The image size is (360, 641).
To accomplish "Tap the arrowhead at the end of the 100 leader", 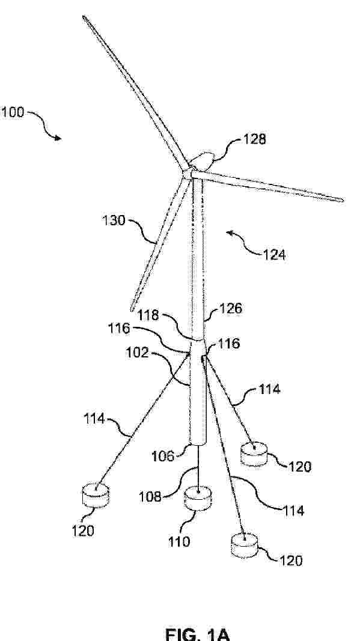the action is pyautogui.click(x=58, y=138).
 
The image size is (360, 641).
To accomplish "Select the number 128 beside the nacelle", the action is pyautogui.click(x=254, y=139).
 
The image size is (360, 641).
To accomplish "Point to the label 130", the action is pyautogui.click(x=114, y=220).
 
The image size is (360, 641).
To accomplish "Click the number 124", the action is pyautogui.click(x=273, y=255).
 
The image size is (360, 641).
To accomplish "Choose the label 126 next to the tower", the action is pyautogui.click(x=230, y=308).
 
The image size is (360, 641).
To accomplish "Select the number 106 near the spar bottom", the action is pyautogui.click(x=163, y=456).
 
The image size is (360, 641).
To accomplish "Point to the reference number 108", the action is pyautogui.click(x=151, y=497).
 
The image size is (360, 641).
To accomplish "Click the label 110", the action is pyautogui.click(x=178, y=542).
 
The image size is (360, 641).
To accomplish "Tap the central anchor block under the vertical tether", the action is pyautogui.click(x=198, y=497).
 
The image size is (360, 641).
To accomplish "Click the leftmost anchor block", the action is pyautogui.click(x=96, y=495).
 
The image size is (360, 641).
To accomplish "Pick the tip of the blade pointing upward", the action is pyautogui.click(x=84, y=17).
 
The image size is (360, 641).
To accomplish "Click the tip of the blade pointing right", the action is pyautogui.click(x=343, y=200).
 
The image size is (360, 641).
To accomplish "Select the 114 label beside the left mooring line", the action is pyautogui.click(x=96, y=419).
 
